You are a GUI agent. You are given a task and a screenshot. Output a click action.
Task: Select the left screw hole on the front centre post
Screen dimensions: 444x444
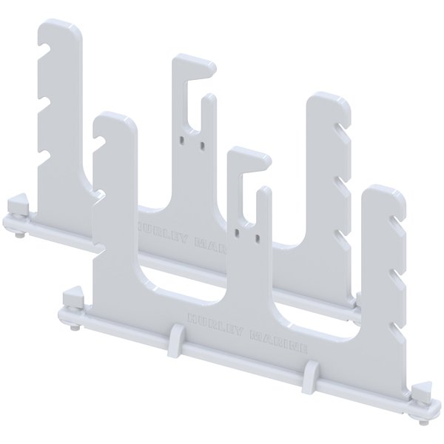[x=237, y=232]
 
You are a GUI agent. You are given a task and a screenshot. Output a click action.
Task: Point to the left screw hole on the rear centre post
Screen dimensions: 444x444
[x=181, y=137]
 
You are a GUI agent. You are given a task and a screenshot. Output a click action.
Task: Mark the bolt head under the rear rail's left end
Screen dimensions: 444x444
[x=17, y=235]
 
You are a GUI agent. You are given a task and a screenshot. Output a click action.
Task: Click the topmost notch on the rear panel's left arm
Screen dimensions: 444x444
[x=46, y=50]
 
